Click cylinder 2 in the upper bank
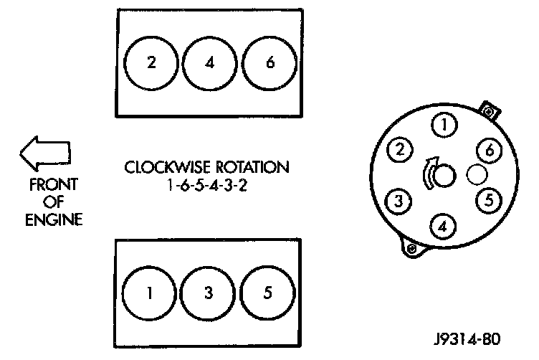[151, 62]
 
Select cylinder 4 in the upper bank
[209, 62]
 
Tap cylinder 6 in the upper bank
[269, 62]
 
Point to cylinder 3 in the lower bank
[208, 293]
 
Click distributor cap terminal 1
[445, 126]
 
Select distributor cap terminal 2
[400, 150]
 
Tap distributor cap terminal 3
[399, 200]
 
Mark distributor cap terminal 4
[444, 227]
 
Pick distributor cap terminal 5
[488, 200]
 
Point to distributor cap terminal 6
[489, 151]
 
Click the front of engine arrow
[44, 153]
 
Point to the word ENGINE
[53, 218]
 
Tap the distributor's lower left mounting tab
[411, 248]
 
